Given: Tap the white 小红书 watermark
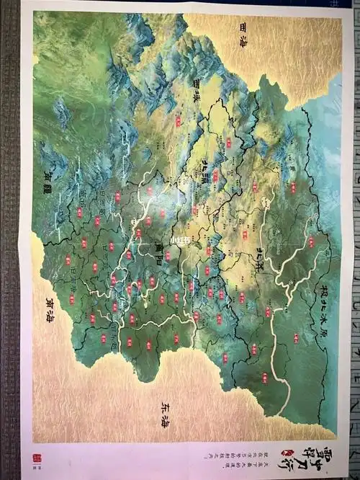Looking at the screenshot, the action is pos(176,239).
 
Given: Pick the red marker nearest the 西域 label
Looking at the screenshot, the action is pos(178,120).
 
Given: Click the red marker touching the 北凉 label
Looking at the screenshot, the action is pos(215,174).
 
